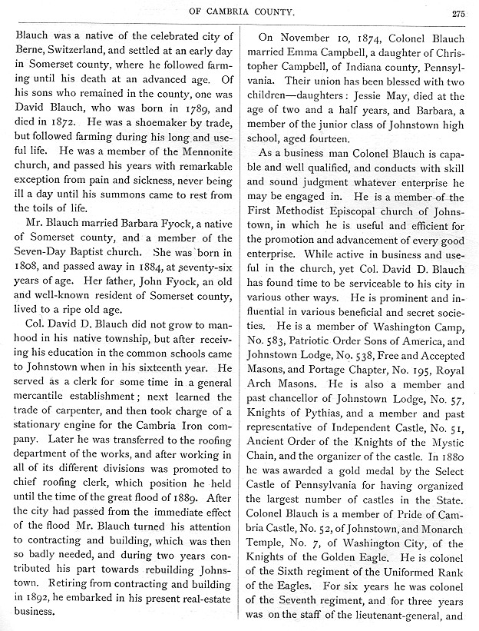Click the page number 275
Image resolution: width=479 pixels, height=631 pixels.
coord(458,12)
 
